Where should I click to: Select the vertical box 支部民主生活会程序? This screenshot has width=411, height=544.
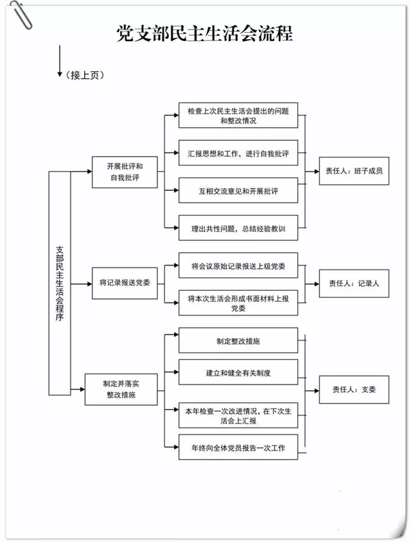point(60,283)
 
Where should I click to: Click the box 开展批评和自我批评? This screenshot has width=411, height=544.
point(124,172)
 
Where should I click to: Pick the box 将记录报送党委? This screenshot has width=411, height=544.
point(125,281)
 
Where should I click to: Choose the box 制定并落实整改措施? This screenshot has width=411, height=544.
point(121,389)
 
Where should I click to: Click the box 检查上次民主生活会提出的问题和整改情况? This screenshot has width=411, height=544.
point(238,115)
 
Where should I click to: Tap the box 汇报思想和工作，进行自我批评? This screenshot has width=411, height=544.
point(238,153)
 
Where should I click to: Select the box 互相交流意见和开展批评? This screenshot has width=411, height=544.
point(238,190)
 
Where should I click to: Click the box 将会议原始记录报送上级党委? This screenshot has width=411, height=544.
point(238,265)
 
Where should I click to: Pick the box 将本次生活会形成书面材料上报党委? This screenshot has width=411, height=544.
point(238,302)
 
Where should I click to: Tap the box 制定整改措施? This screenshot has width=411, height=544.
point(238,340)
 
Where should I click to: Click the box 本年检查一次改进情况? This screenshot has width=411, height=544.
point(238,415)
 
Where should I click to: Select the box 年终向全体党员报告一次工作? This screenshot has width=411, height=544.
point(238,448)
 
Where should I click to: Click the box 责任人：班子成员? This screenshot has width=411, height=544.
point(353,171)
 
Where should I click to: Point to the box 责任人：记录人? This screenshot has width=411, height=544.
point(353,282)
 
